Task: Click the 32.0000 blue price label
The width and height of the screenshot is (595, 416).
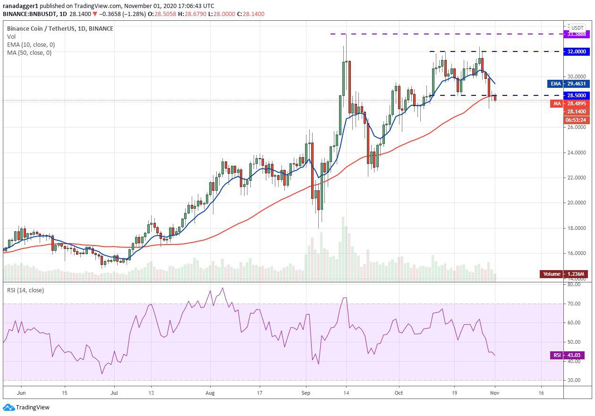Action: [577, 51]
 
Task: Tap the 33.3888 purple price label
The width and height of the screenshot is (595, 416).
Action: [577, 34]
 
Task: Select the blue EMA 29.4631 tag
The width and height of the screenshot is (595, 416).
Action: [569, 84]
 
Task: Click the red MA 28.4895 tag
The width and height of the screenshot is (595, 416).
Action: [569, 103]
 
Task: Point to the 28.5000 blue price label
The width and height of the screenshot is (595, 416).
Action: [577, 95]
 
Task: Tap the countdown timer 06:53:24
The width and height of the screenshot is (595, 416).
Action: [577, 120]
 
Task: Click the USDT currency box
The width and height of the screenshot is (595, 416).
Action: [578, 28]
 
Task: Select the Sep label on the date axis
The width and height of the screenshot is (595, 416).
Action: [306, 392]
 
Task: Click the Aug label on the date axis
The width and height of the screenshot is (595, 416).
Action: [210, 392]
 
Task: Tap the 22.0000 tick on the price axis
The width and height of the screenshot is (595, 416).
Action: [576, 178]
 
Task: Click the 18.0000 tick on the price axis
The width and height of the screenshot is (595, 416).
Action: [576, 228]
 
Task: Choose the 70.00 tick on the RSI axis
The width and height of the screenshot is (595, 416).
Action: [574, 304]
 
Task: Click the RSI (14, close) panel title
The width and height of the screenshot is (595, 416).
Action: [25, 290]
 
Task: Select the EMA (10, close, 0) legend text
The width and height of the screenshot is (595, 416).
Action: [31, 44]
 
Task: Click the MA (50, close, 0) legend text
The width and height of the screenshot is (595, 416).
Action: [29, 52]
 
